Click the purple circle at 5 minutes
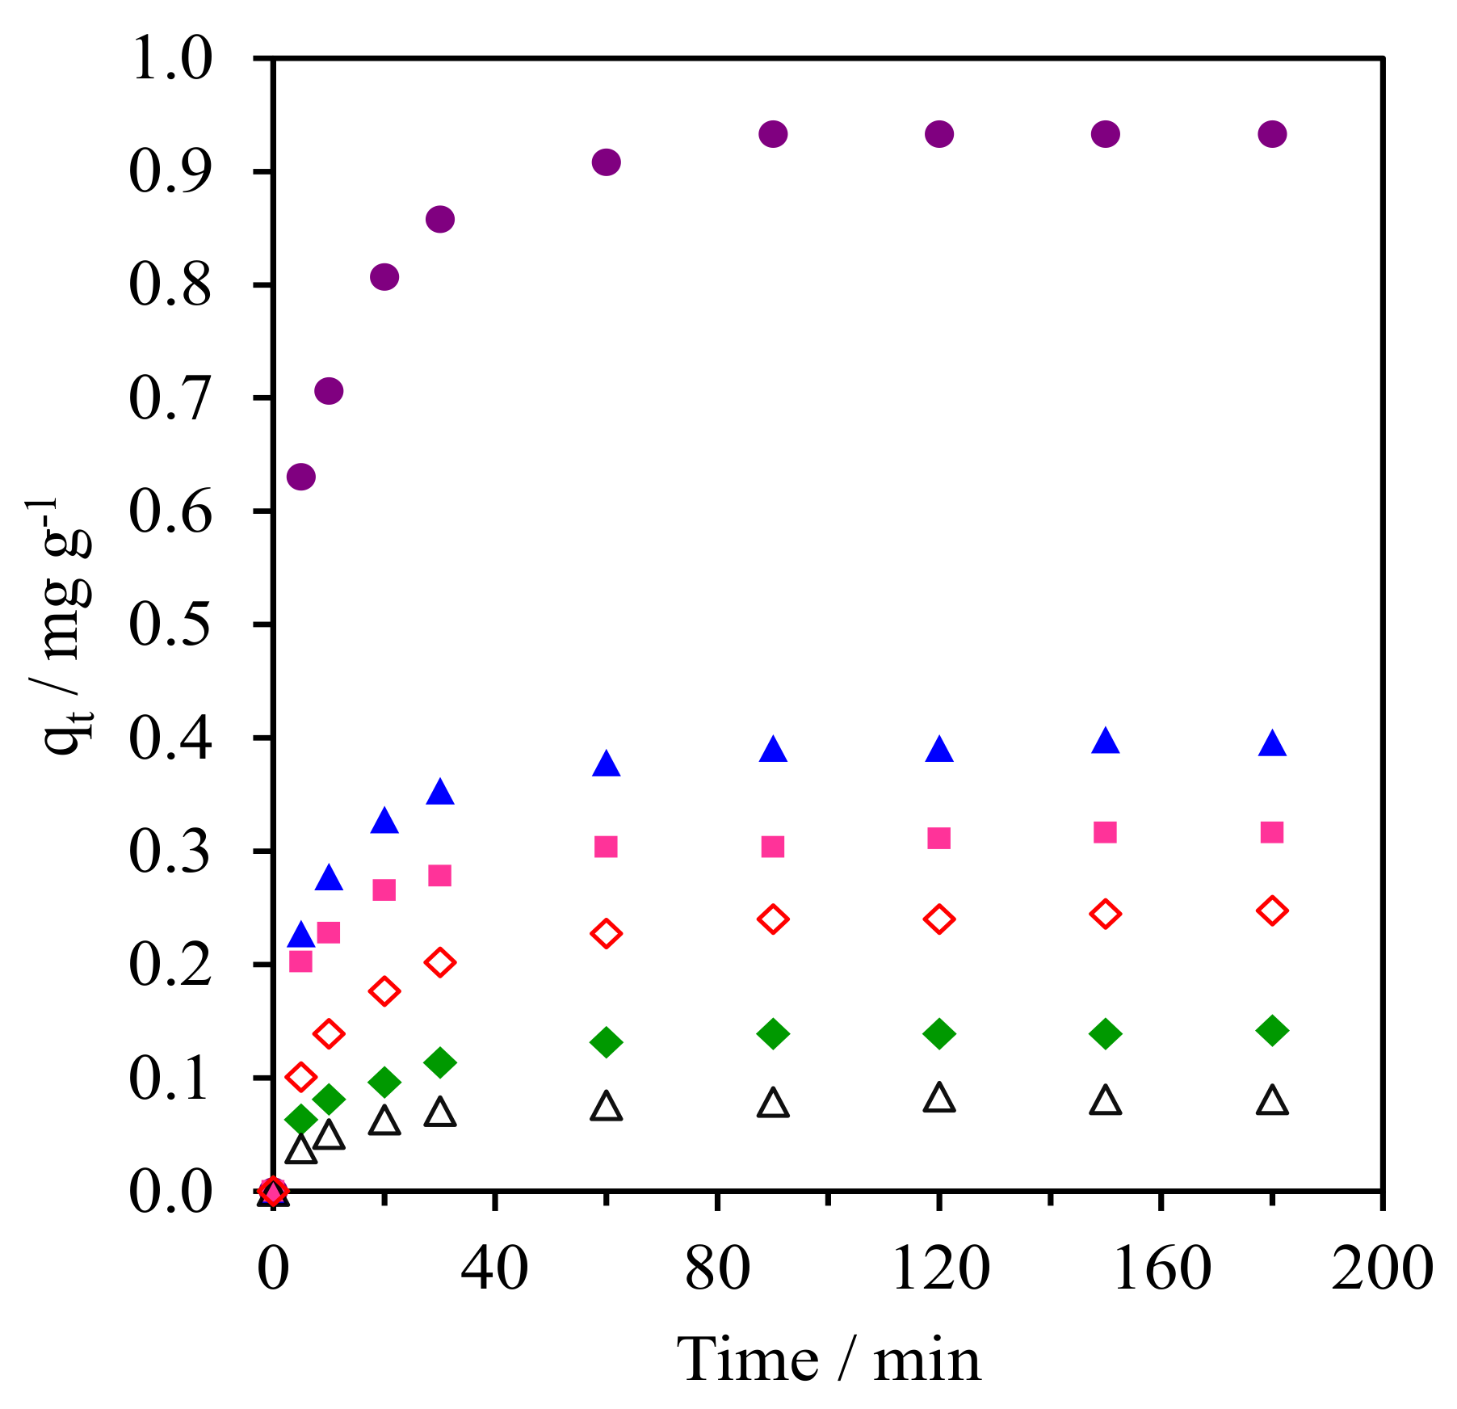(301, 477)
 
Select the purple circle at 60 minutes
(606, 162)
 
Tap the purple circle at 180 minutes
(1272, 134)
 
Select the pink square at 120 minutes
(938, 838)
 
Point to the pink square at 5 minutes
(300, 961)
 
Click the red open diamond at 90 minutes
(773, 919)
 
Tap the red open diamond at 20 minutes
(384, 991)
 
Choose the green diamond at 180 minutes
(1272, 1031)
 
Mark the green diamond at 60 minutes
(606, 1042)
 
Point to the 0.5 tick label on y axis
(170, 625)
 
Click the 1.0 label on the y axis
(170, 58)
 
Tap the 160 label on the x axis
(1161, 1268)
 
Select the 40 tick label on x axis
(494, 1268)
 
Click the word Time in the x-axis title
(746, 1360)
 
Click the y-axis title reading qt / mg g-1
(65, 626)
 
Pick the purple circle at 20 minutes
(384, 277)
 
